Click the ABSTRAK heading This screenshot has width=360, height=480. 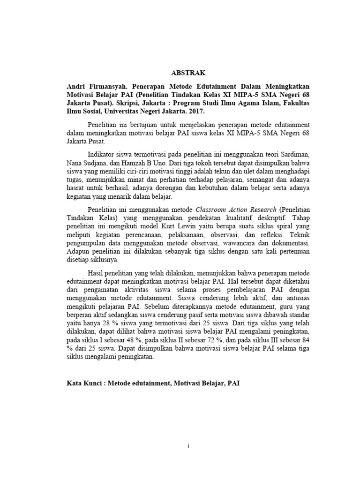tap(187, 73)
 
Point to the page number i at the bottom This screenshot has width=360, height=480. tap(187, 446)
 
